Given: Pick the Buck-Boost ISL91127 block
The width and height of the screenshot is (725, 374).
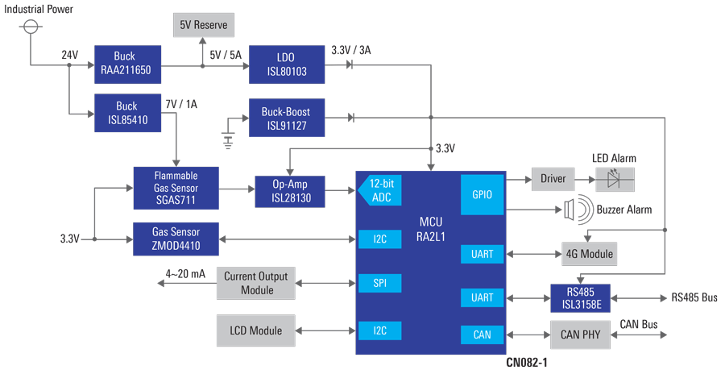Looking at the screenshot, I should click(x=287, y=118).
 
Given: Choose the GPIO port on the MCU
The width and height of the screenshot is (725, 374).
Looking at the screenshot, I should click(x=482, y=194).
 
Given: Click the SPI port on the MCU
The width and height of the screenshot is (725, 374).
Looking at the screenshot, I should click(x=379, y=285).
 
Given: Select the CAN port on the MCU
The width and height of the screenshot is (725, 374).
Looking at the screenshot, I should click(x=482, y=334).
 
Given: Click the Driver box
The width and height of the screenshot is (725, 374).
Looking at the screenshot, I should click(x=553, y=179).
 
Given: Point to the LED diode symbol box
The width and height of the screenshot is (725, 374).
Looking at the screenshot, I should click(x=614, y=179).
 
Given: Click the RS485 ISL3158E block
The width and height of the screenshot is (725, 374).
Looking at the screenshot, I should click(x=581, y=297).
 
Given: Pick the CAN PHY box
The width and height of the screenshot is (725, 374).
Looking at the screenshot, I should click(x=581, y=334).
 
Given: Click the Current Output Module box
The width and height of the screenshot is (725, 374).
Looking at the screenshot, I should click(x=255, y=283).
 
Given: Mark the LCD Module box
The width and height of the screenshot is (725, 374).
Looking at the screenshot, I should click(x=255, y=330).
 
